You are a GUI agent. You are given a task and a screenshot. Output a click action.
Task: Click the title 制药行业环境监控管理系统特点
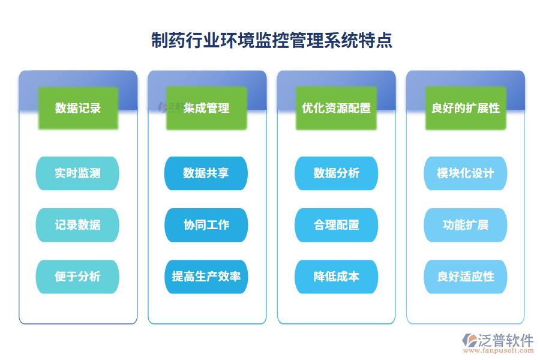[x=271, y=40]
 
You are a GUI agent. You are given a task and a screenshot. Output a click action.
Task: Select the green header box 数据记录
[x=78, y=108]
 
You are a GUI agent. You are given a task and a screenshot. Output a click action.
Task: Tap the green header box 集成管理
[x=206, y=108]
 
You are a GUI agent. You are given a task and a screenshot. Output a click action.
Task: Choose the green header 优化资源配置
[x=336, y=108]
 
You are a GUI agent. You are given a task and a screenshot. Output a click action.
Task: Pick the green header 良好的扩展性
[x=466, y=108]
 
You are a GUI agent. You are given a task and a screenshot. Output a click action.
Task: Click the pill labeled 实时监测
[x=78, y=173]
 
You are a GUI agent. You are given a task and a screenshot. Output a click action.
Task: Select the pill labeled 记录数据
[x=78, y=225]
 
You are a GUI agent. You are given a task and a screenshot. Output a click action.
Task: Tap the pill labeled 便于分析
[x=78, y=277]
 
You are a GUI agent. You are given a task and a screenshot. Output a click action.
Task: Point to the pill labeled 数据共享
[x=206, y=173]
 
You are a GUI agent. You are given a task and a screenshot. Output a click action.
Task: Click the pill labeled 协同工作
[x=206, y=225]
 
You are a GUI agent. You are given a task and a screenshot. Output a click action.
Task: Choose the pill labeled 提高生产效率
[x=206, y=277]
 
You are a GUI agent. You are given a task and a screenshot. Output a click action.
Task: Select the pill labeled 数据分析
[x=336, y=173]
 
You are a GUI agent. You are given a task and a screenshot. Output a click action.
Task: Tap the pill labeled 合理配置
[x=336, y=225]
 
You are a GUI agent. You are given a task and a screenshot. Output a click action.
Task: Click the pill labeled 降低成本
[x=336, y=277]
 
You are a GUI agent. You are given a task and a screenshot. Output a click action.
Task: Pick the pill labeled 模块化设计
[x=466, y=173]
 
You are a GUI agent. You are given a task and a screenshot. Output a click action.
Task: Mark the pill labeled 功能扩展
[x=466, y=225]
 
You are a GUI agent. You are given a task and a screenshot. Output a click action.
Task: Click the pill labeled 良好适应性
[x=466, y=277]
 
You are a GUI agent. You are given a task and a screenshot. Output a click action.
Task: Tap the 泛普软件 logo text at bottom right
[x=506, y=340]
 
